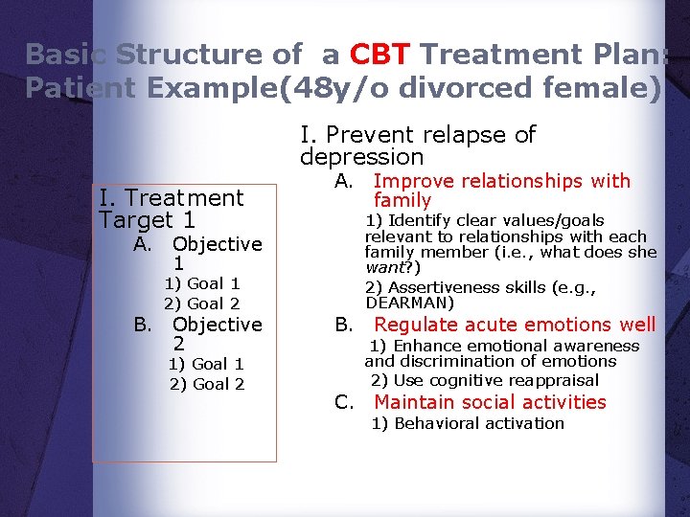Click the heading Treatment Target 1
[171, 209]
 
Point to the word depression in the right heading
[361, 157]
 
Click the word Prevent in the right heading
[374, 135]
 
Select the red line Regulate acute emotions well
[515, 325]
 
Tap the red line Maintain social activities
[490, 402]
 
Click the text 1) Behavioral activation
[468, 423]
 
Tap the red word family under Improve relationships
[402, 200]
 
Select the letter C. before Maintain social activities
[345, 402]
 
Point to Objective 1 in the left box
[217, 253]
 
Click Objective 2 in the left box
[217, 333]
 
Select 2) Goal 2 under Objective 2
[206, 384]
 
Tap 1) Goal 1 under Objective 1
[201, 283]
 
